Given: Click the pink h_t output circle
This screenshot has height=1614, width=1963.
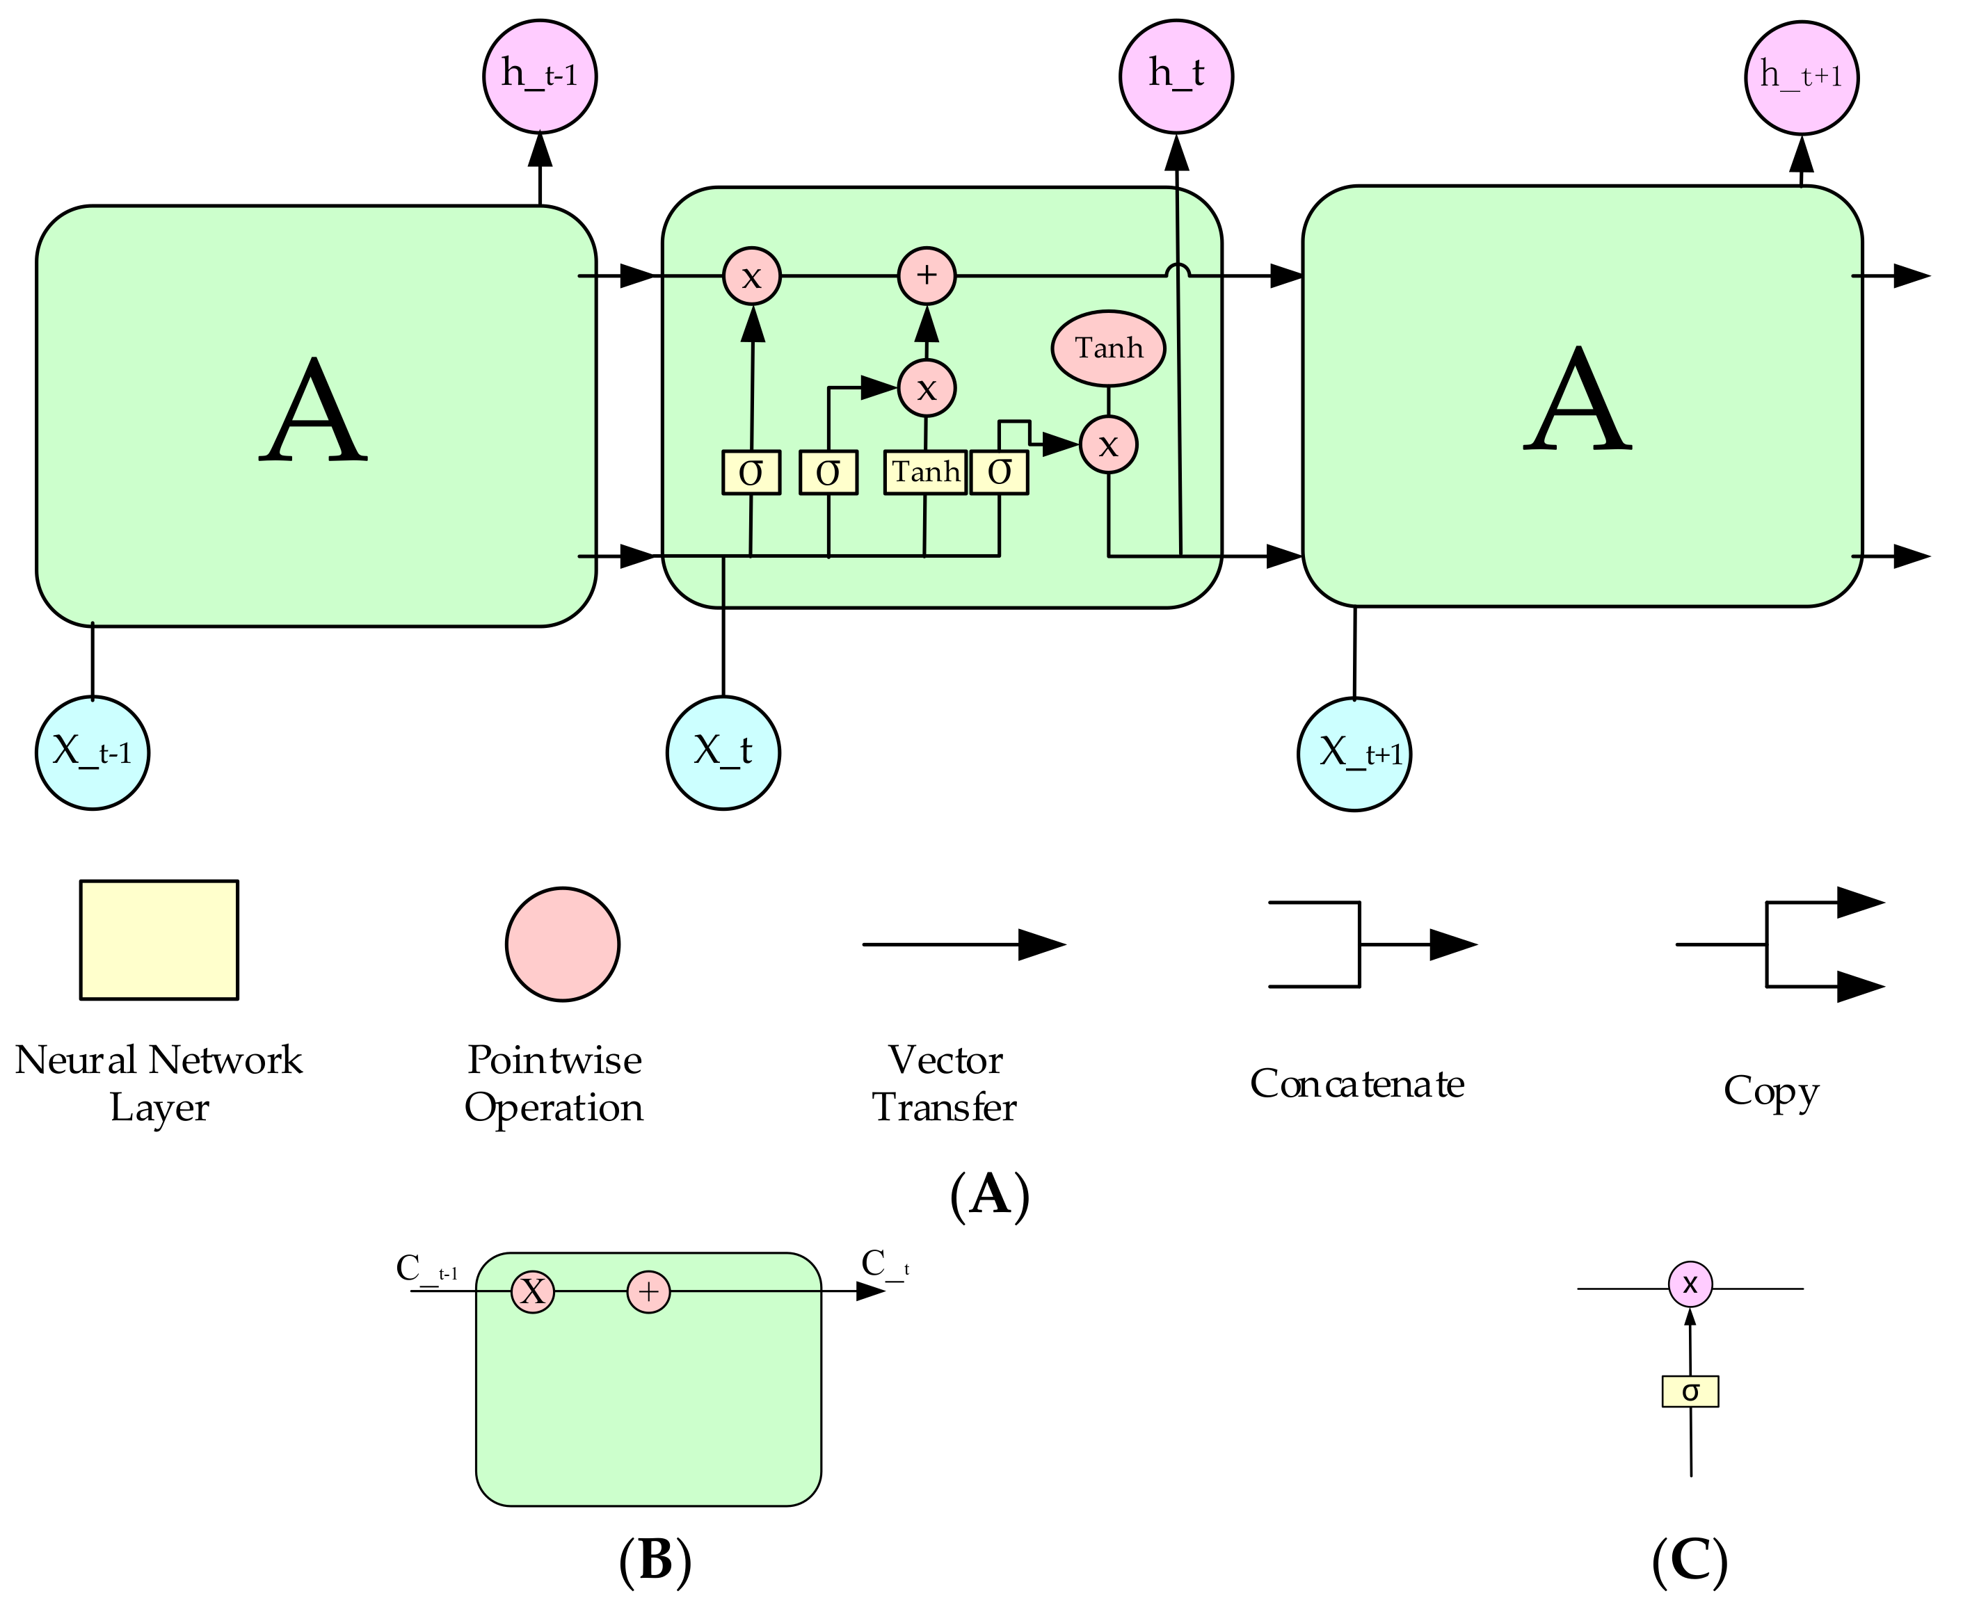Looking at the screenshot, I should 1176,75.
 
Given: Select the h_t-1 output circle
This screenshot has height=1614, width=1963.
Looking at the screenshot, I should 539,75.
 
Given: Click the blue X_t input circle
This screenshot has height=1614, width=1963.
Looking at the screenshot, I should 723,752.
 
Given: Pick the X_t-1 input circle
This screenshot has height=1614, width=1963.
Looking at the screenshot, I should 92,752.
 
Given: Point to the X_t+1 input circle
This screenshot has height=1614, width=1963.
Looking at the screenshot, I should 1354,754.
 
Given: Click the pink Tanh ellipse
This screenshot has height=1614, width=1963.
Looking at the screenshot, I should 1107,348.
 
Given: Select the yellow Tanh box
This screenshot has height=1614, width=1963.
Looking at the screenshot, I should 925,472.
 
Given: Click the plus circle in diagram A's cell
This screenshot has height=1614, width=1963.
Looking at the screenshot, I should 926,275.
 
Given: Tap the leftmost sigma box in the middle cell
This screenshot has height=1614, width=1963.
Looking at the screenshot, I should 751,472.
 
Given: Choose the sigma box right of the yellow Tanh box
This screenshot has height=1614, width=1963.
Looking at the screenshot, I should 999,472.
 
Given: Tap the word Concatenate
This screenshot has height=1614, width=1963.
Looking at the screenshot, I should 1356,1084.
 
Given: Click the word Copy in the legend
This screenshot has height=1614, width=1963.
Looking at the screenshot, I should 1770,1090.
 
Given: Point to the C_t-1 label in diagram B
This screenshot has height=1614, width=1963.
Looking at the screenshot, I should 426,1268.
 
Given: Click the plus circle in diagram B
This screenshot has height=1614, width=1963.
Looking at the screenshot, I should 648,1292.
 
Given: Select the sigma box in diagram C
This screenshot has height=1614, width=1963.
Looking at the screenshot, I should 1690,1391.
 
